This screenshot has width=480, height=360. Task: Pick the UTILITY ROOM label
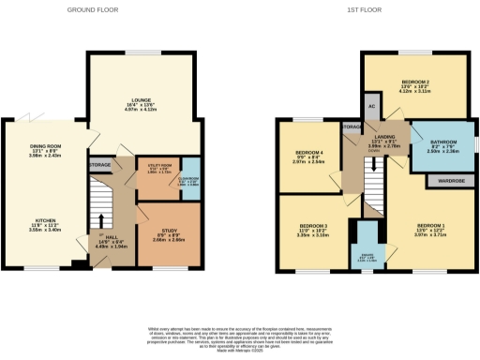pyautogui.click(x=153, y=166)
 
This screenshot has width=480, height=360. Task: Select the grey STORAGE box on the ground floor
pyautogui.click(x=101, y=165)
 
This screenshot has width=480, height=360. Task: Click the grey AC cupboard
pyautogui.click(x=371, y=106)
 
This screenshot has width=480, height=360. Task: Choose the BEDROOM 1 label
pyautogui.click(x=430, y=226)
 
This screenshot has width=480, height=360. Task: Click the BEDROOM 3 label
pyautogui.click(x=313, y=226)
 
